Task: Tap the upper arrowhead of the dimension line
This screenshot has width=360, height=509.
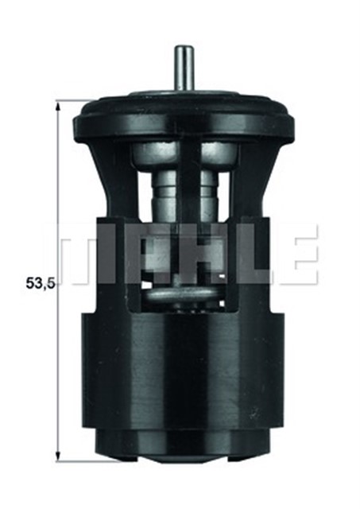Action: (x=58, y=107)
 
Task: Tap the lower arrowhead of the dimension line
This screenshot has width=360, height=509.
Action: (x=58, y=455)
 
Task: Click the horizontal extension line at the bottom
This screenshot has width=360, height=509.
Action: (x=75, y=460)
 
